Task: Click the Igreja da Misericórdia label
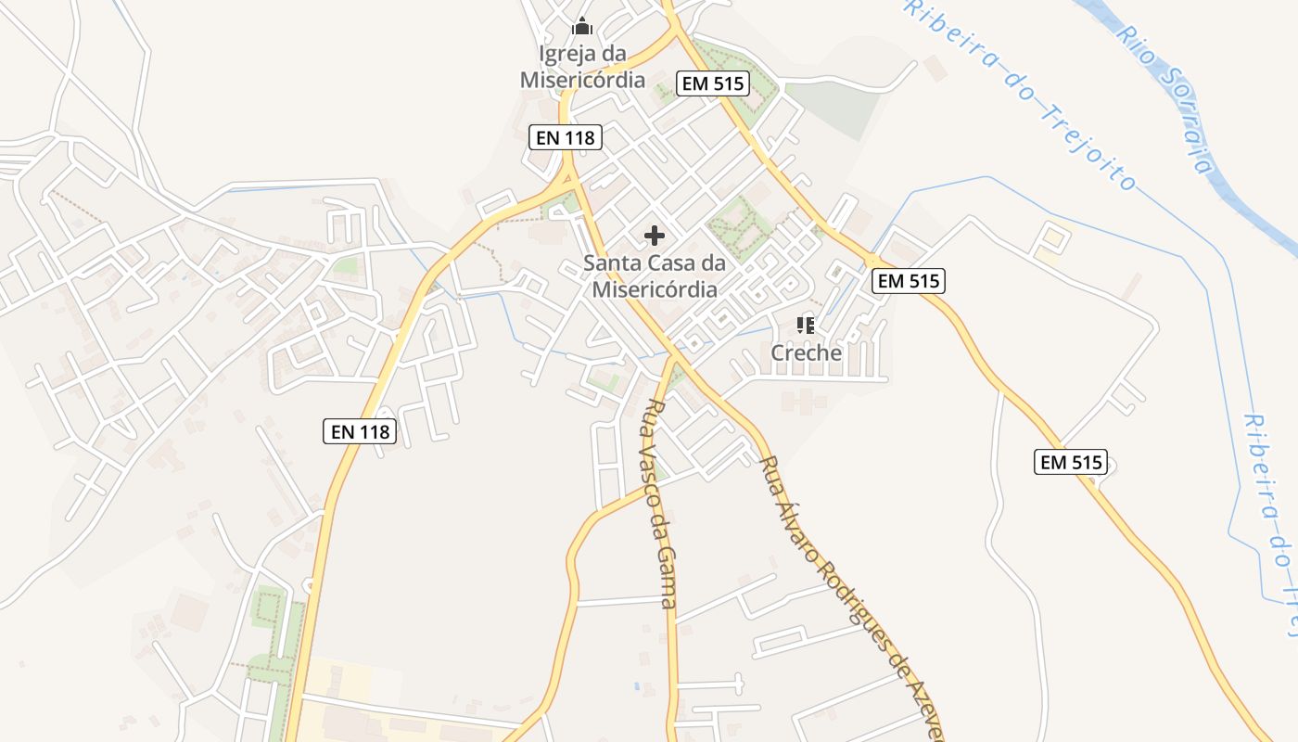coord(582,67)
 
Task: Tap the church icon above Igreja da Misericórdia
coord(582,26)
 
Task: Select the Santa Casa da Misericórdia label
coord(655,276)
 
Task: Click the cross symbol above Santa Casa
coord(655,236)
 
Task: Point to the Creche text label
coord(807,353)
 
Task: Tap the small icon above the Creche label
coord(806,325)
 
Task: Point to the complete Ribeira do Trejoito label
coord(1020,93)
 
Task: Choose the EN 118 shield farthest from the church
coord(360,431)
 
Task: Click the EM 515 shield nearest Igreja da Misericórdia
coord(712,83)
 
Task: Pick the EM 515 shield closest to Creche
coord(909,281)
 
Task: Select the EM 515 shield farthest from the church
coord(1071,462)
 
